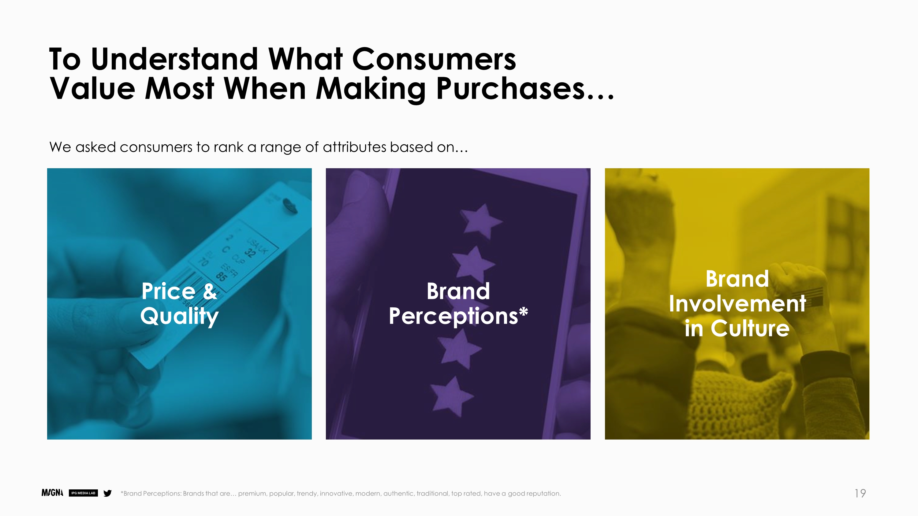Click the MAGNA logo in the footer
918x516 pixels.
[x=52, y=493]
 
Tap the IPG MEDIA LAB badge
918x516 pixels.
[x=83, y=493]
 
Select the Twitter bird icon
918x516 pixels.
[x=107, y=493]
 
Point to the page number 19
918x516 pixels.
[x=860, y=493]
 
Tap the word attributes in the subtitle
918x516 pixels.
[x=354, y=147]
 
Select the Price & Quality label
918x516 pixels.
[x=179, y=303]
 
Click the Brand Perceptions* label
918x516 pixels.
[x=458, y=303]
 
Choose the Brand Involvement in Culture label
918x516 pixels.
[x=737, y=303]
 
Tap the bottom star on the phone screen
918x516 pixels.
[x=452, y=396]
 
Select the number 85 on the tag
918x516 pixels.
[x=221, y=276]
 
